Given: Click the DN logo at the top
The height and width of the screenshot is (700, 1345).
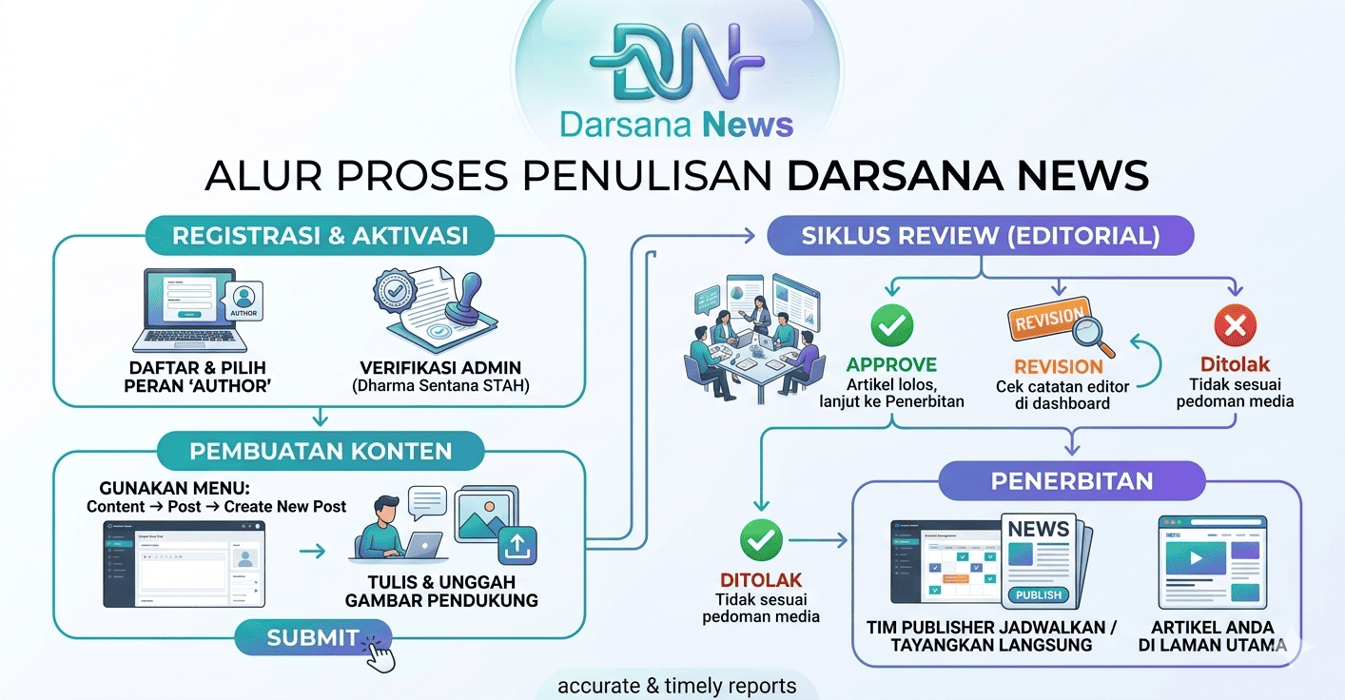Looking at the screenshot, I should pos(676,62).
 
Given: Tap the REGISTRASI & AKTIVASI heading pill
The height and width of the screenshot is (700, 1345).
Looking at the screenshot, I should pos(321,236).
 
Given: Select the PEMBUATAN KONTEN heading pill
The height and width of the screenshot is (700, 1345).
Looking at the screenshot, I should pos(321,451).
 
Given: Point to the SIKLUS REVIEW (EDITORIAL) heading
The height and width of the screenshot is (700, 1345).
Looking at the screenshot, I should pos(981,236).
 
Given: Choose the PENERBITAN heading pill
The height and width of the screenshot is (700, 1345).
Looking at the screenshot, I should pos(1072,481).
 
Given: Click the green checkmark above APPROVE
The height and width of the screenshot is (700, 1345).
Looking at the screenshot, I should pos(891,326).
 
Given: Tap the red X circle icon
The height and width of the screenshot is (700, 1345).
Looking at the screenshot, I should pos(1235,327).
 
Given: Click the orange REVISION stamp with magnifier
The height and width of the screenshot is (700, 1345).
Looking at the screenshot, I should pos(1056,323).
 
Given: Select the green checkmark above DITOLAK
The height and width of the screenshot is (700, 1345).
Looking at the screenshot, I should pos(760,541).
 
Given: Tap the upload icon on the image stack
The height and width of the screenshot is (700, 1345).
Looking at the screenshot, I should pos(517,544).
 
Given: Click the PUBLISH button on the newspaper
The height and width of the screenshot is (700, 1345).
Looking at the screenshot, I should pos(1038,594).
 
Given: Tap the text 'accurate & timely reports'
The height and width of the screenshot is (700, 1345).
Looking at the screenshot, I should pos(676,686).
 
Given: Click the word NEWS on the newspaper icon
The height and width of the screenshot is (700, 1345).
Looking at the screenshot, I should pos(1039,529).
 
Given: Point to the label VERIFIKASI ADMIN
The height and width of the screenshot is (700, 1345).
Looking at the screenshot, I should pos(440,368).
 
